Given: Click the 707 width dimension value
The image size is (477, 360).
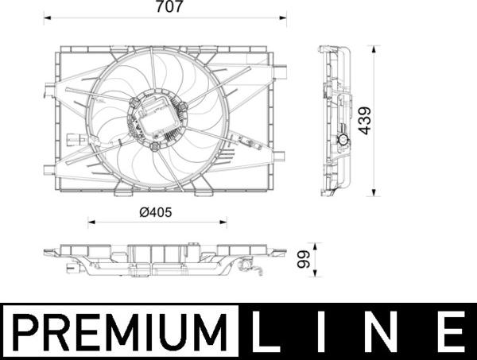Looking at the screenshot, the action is pyautogui.click(x=169, y=6).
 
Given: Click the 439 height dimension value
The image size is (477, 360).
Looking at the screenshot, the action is pyautogui.click(x=364, y=121).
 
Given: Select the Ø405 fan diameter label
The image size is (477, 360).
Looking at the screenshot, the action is pyautogui.click(x=156, y=212).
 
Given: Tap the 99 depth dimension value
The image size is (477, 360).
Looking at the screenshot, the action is pyautogui.click(x=304, y=259).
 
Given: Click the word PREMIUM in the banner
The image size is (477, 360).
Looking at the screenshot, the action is pyautogui.click(x=120, y=332).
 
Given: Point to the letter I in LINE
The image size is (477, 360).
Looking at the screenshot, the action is pyautogui.click(x=321, y=332).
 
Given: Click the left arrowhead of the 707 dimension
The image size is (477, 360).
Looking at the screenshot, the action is pyautogui.click(x=48, y=18).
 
